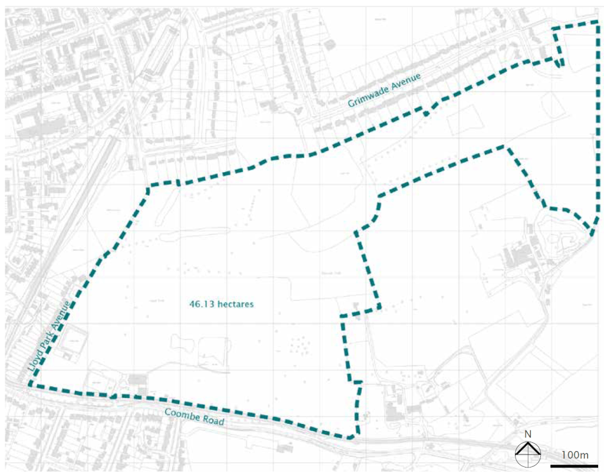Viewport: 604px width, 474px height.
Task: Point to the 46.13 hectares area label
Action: point(221,305)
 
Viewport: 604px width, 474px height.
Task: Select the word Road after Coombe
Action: point(214,422)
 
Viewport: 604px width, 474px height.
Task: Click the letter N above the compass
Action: point(528,435)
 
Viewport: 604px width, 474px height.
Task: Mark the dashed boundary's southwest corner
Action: point(28,386)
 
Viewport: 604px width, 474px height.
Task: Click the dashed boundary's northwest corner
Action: point(148,187)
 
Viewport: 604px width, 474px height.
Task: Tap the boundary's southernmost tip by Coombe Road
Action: point(352,438)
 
